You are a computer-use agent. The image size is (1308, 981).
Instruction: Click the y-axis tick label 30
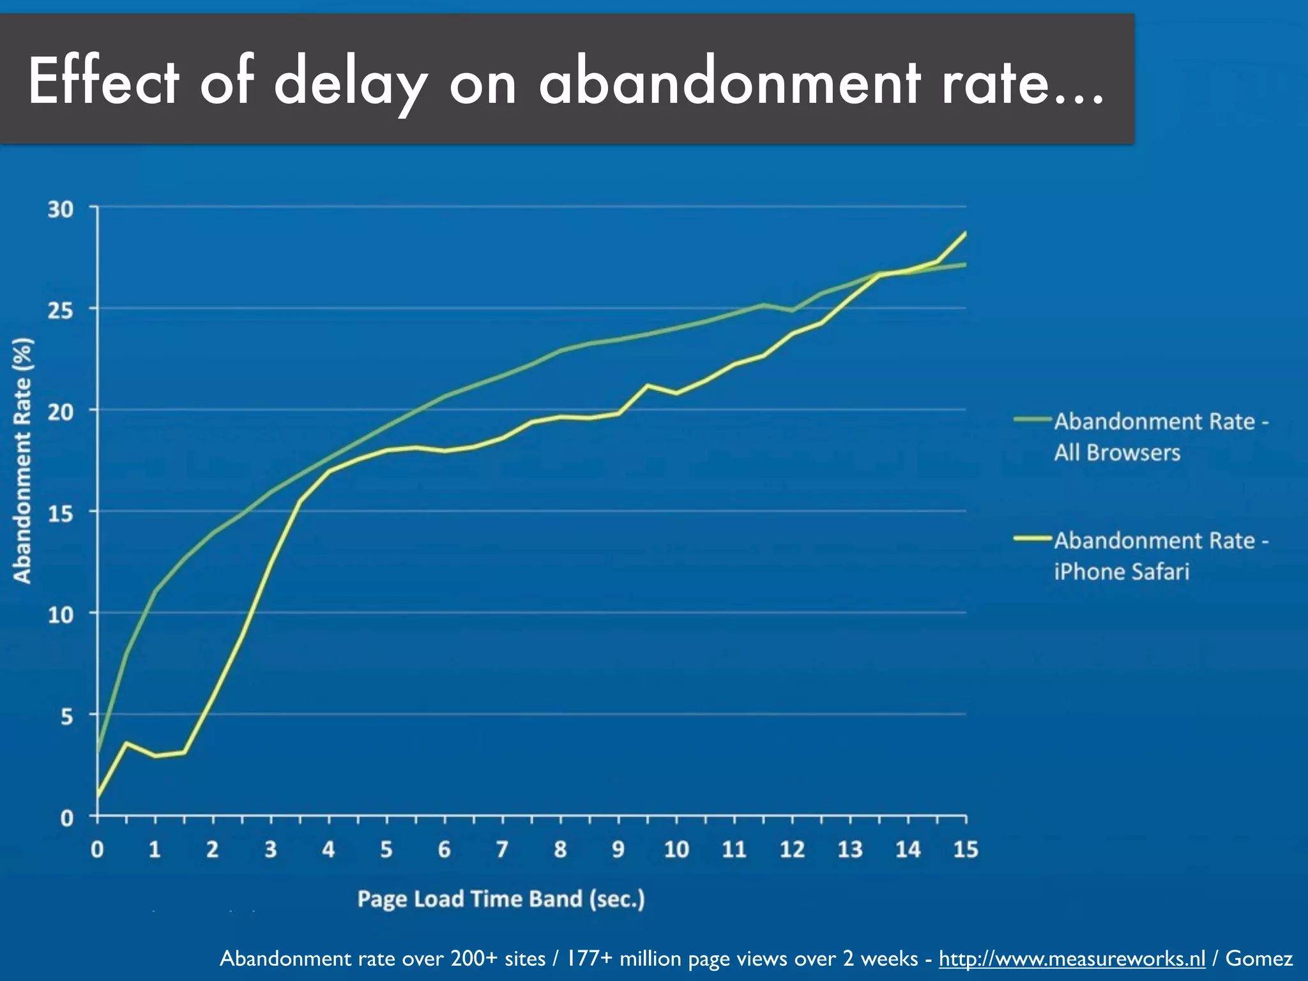coord(61,209)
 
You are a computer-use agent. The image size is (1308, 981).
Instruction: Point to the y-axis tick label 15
coord(61,513)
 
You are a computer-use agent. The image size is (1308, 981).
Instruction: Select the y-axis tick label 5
coord(67,717)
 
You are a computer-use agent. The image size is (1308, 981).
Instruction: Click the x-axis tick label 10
coord(676,849)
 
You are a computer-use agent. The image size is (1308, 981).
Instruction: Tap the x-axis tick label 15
coord(965,849)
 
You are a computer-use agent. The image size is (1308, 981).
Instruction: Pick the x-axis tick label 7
coord(502,849)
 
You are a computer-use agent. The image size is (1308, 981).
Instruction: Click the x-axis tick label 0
coord(97,849)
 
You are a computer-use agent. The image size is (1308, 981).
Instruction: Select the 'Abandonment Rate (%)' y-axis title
coord(23,460)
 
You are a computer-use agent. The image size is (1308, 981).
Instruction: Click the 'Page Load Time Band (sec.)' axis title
coord(501,899)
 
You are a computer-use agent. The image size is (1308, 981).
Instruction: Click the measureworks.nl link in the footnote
coord(1072,958)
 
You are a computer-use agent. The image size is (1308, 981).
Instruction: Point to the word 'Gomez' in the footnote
coord(1259,958)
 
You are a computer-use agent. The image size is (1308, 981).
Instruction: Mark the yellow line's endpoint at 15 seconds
coord(965,234)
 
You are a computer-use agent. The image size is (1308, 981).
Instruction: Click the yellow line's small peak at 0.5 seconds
coord(126,743)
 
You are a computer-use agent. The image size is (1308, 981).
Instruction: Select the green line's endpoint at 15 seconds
coord(965,264)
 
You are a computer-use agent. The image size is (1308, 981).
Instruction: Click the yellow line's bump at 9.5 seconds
coord(647,385)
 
